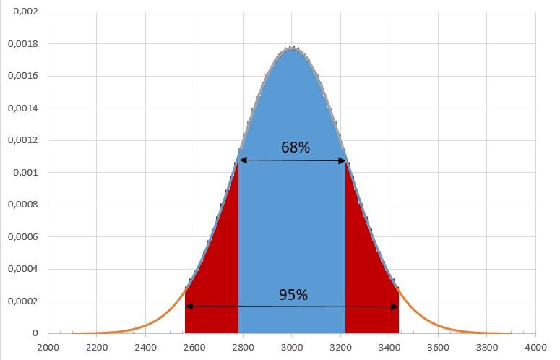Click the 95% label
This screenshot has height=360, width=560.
[x=293, y=295]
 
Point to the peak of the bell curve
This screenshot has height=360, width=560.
[x=291, y=48]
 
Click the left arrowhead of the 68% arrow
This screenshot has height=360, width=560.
[x=242, y=160]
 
